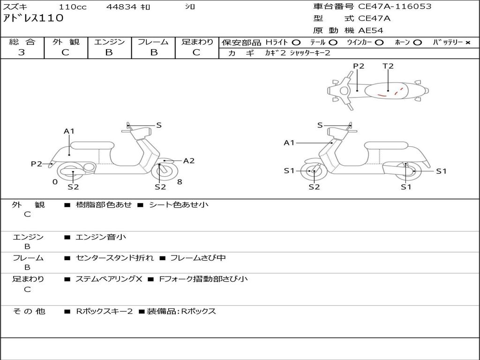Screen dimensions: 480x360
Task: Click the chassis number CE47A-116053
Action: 395,7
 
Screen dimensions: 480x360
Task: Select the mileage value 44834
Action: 121,7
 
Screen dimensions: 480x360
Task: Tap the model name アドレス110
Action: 33,18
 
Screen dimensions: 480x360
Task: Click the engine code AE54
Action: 371,30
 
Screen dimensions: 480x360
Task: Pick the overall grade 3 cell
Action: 22,52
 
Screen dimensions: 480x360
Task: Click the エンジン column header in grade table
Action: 109,42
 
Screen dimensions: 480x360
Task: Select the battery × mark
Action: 467,42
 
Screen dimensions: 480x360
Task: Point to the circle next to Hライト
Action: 296,42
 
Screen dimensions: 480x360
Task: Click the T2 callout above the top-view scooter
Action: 388,66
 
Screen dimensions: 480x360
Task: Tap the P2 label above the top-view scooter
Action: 359,66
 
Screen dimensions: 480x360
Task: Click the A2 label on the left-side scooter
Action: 189,161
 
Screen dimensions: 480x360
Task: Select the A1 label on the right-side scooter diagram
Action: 289,142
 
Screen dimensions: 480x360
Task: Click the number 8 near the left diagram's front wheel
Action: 180,182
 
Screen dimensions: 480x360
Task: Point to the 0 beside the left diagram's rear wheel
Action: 55,182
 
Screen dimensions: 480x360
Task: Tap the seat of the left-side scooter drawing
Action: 92,145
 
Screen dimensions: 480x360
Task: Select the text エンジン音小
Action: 101,237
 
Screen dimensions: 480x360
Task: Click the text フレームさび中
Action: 198,258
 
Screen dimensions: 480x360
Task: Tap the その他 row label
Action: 29,311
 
